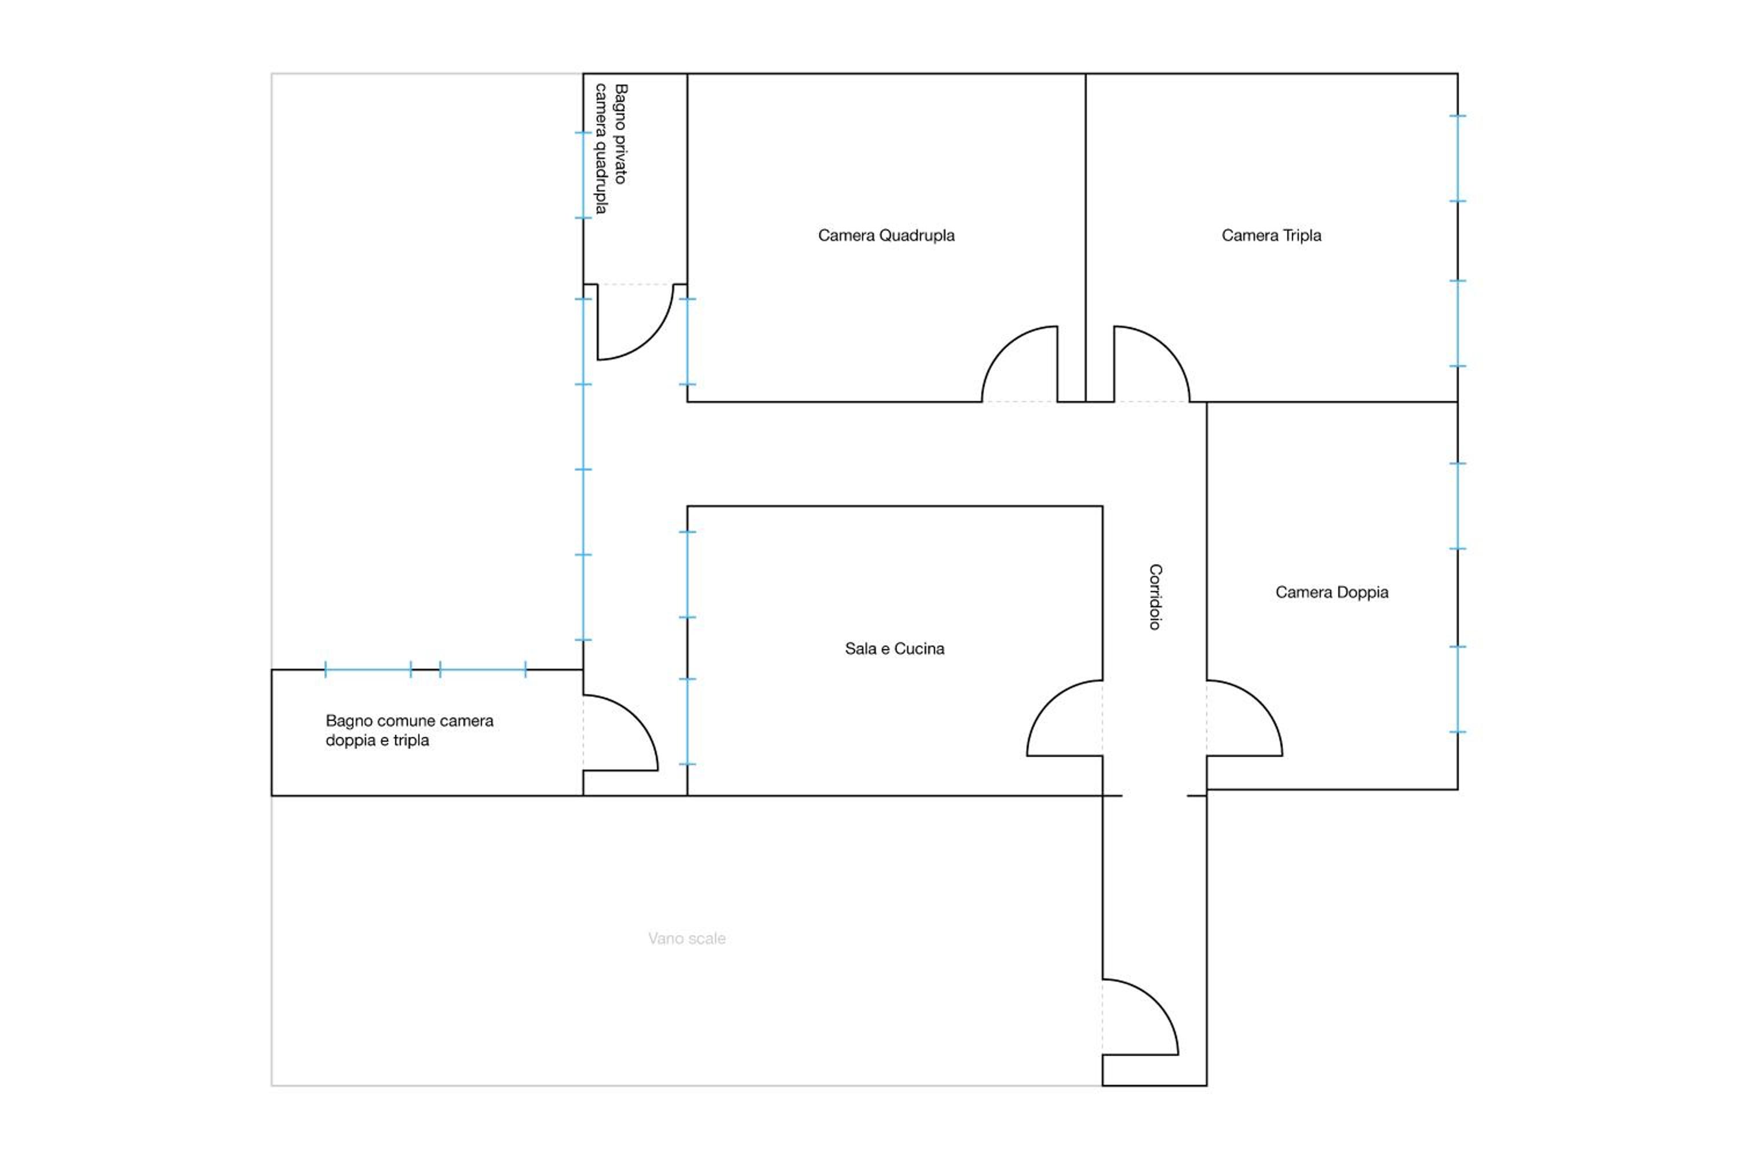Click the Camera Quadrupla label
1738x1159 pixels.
[886, 236]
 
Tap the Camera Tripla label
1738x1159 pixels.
[1271, 236]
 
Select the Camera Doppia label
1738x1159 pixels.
[1331, 592]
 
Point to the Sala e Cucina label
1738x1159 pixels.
[894, 648]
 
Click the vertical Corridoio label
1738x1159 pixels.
[1155, 596]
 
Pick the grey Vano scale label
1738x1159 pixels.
[687, 938]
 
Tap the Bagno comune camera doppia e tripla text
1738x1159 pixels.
[410, 730]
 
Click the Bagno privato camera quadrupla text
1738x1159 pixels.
[611, 148]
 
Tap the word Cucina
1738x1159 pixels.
[919, 648]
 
